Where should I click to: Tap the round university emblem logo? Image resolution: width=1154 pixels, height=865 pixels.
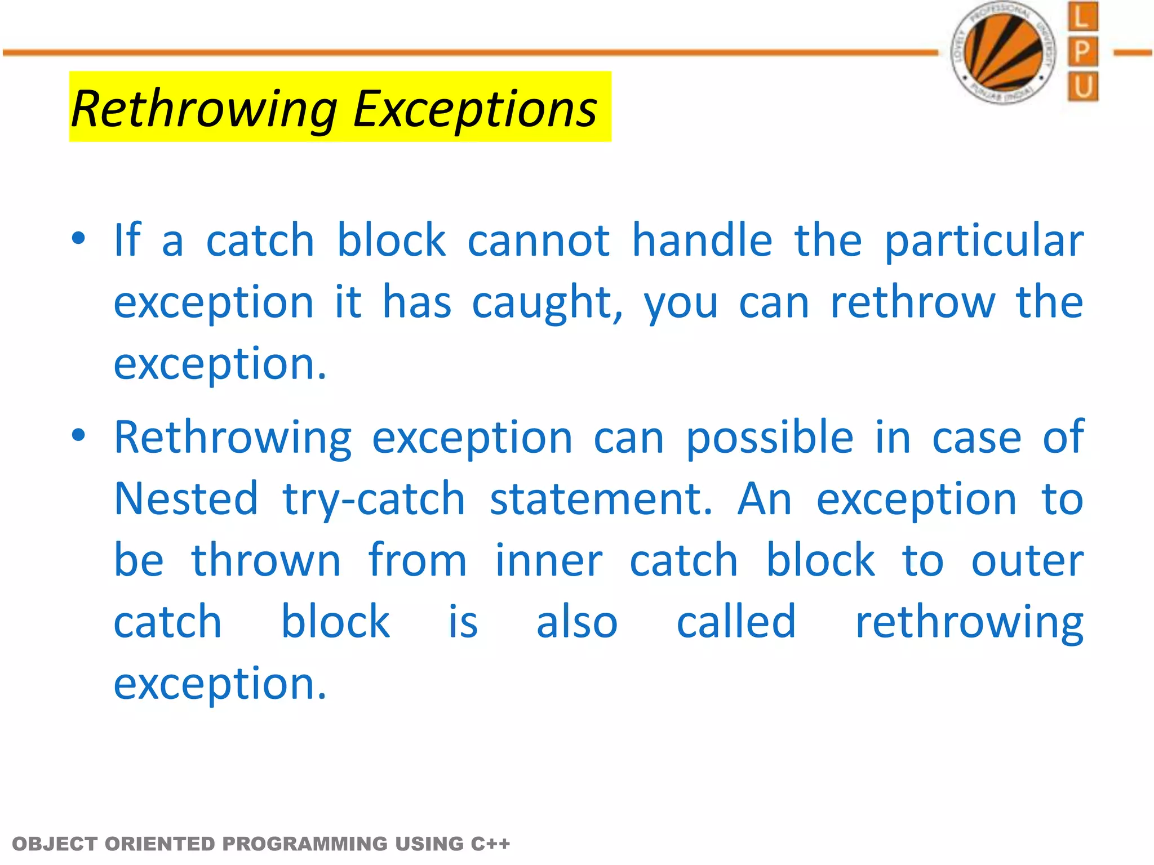pyautogui.click(x=1004, y=53)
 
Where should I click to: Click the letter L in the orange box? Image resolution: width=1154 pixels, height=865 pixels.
pyautogui.click(x=1082, y=17)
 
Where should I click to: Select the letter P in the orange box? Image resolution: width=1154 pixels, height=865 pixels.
pyautogui.click(x=1082, y=52)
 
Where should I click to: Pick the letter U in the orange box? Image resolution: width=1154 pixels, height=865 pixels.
pyautogui.click(x=1082, y=87)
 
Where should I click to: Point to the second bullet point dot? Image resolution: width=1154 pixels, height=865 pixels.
pyautogui.click(x=78, y=435)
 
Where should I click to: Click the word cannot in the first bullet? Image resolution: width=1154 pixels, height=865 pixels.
pyautogui.click(x=538, y=241)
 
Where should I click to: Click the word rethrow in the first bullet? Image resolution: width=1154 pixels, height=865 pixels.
pyautogui.click(x=912, y=302)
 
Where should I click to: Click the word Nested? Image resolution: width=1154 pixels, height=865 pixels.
pyautogui.click(x=186, y=499)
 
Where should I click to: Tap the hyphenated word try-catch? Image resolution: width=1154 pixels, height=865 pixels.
pyautogui.click(x=374, y=500)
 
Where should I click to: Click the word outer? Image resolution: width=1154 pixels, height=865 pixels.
pyautogui.click(x=1027, y=561)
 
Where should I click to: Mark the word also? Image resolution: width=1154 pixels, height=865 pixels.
pyautogui.click(x=576, y=622)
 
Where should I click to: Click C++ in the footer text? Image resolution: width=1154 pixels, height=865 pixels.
pyautogui.click(x=490, y=844)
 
